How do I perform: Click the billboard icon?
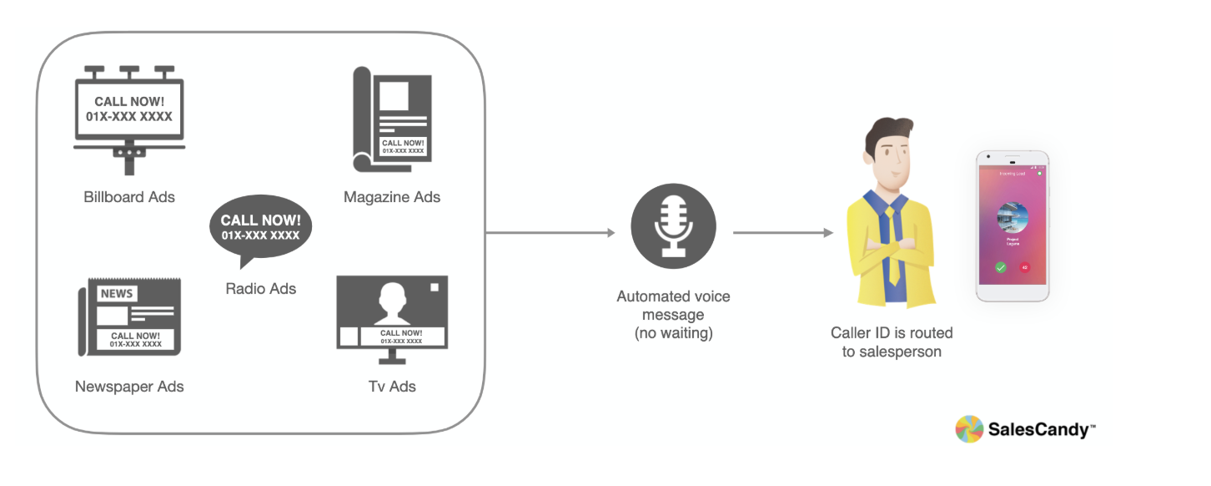tap(129, 117)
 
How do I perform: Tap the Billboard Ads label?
tap(129, 198)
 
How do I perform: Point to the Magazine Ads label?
tap(392, 198)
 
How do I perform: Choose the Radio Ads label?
tap(260, 289)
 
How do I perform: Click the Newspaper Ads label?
tap(129, 387)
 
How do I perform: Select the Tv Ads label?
tap(392, 387)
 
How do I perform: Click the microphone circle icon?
tap(673, 226)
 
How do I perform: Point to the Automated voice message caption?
tap(673, 316)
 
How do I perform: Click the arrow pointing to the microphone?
tap(550, 233)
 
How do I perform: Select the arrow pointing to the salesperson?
tap(783, 233)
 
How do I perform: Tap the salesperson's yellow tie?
tap(892, 242)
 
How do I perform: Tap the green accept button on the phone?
tap(1001, 267)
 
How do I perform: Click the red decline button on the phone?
tap(1024, 267)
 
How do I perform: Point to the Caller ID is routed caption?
tap(892, 342)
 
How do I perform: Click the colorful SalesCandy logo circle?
tap(969, 429)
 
